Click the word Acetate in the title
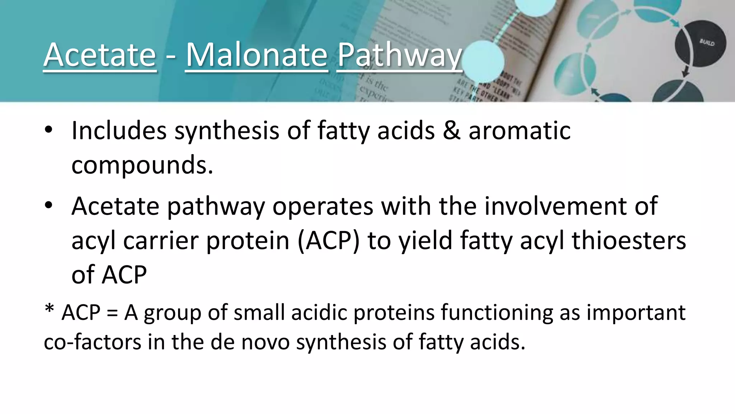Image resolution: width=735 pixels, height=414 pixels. click(x=100, y=55)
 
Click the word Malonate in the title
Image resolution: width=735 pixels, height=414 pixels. click(x=257, y=55)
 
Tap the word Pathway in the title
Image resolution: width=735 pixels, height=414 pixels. click(x=399, y=55)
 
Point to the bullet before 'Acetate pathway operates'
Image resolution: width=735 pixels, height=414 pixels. click(x=49, y=206)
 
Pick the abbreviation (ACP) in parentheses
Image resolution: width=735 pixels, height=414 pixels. click(x=328, y=240)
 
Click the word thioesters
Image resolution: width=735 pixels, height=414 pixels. click(x=628, y=240)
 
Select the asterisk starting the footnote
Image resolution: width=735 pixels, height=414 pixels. click(x=49, y=308)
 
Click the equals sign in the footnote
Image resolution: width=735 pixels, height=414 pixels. click(x=112, y=313)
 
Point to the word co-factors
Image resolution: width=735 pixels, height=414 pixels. click(x=93, y=341)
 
